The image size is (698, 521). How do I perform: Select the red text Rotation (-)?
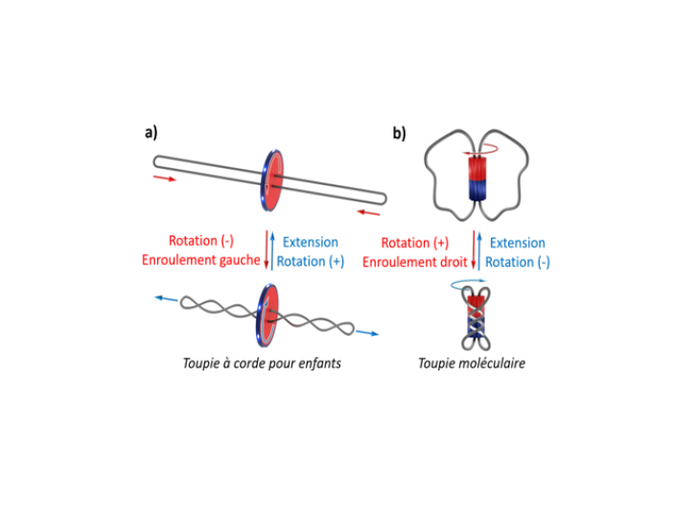(x=201, y=242)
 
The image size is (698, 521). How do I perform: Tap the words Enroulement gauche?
(x=201, y=261)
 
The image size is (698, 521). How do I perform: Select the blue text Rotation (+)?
(x=310, y=261)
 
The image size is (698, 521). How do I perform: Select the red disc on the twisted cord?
(x=271, y=312)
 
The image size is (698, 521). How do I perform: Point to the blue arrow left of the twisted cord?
(x=165, y=299)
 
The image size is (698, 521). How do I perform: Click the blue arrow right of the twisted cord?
(x=369, y=334)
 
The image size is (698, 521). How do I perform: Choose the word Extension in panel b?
(x=518, y=243)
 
